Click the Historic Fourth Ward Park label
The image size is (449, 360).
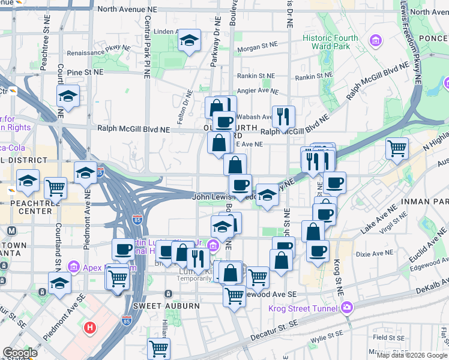330,42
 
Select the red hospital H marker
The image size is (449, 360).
90,328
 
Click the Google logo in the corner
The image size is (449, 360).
20,353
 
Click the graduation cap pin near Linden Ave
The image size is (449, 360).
190,41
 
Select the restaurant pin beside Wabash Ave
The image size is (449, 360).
283,116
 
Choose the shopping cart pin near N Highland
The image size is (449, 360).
397,148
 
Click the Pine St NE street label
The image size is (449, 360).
86,72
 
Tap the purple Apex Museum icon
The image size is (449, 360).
73,266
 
